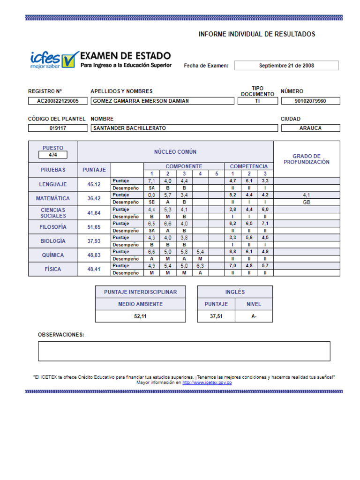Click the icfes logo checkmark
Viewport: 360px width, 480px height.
(70, 59)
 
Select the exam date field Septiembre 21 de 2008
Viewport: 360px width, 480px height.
(286, 66)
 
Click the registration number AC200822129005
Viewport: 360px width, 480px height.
(58, 101)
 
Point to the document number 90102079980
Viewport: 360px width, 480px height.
(310, 101)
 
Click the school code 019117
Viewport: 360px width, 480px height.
(58, 128)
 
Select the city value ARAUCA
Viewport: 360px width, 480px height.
(310, 128)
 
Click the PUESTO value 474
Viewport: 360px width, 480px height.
(53, 155)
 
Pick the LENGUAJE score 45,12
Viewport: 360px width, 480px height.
(94, 185)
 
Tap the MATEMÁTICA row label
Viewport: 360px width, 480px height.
(53, 198)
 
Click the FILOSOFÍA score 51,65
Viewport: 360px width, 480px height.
(94, 227)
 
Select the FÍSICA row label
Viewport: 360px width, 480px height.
(53, 269)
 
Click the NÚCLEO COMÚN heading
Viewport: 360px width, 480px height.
(175, 152)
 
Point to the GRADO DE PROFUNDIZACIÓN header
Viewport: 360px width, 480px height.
(307, 159)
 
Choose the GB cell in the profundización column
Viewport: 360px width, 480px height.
(307, 202)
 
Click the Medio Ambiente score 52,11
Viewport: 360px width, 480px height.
(140, 316)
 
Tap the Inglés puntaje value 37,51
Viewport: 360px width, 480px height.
(216, 316)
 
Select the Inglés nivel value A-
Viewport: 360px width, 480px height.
(254, 316)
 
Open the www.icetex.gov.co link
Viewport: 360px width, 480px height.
(207, 382)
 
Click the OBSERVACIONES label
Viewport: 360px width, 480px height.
(61, 335)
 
